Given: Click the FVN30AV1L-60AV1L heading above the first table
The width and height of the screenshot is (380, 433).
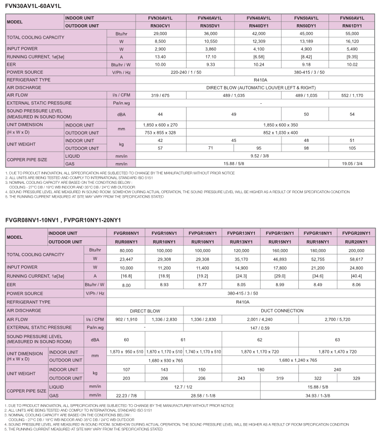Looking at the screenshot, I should [33, 6].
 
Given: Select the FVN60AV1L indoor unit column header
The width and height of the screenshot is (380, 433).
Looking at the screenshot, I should [352, 18].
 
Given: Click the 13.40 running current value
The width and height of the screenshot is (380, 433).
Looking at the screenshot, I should [160, 56].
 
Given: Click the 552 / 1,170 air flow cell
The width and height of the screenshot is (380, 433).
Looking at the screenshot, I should [352, 95].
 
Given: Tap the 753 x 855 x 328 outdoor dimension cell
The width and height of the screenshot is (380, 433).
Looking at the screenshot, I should [160, 132].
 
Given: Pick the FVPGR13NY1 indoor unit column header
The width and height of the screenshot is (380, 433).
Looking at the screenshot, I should [241, 232].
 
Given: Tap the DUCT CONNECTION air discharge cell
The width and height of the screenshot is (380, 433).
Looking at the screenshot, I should [279, 310].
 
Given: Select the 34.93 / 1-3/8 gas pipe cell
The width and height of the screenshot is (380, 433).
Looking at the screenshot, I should [317, 395].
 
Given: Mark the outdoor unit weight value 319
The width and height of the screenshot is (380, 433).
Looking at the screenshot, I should [280, 377].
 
